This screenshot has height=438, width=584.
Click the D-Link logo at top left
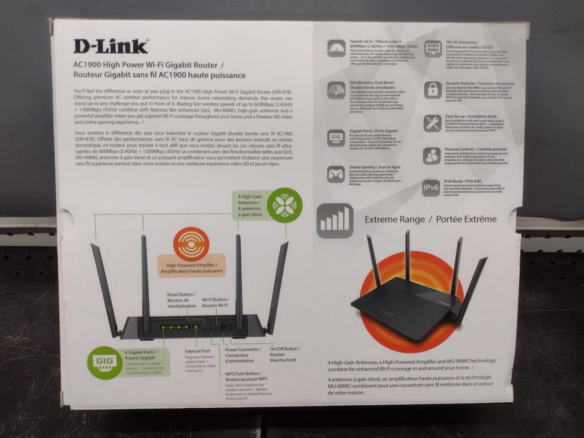click(111, 46)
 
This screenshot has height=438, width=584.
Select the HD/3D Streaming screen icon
click(433, 49)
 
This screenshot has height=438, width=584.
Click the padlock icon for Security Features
click(433, 90)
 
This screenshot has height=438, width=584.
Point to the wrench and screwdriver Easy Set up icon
click(432, 123)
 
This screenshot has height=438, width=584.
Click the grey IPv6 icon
click(431, 188)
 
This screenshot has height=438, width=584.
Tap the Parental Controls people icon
click(431, 156)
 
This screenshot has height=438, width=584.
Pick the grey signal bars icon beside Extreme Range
click(335, 221)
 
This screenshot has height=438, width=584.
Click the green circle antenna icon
click(287, 204)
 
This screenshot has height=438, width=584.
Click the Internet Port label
click(197, 351)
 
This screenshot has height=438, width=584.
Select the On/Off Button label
click(285, 349)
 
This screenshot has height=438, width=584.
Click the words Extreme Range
click(394, 220)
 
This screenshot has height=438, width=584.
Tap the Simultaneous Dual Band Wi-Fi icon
click(336, 91)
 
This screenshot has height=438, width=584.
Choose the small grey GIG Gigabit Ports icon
click(336, 138)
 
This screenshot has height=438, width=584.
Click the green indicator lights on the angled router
click(387, 312)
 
